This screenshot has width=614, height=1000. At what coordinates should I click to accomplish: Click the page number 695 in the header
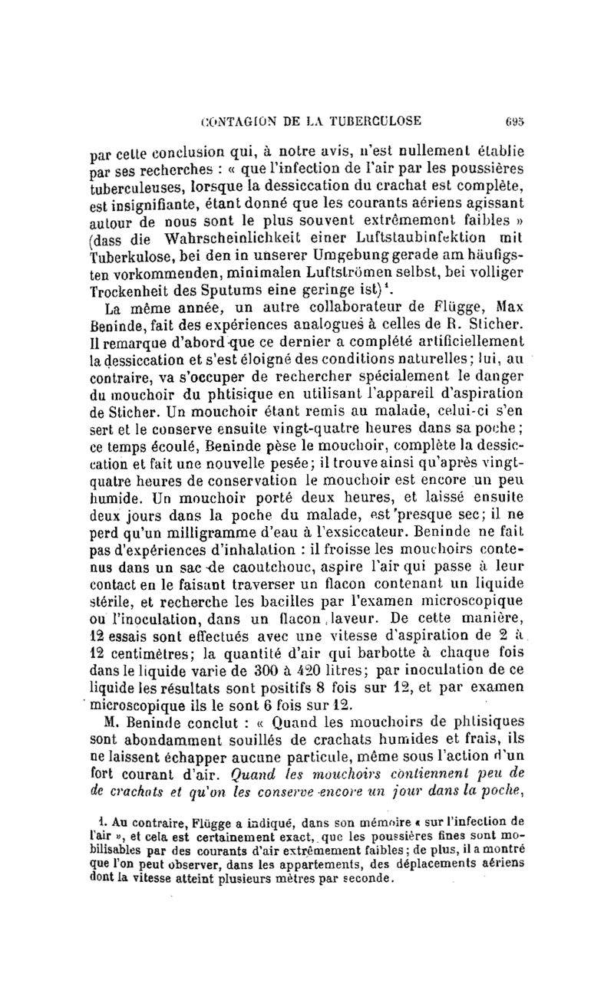tap(513, 120)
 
